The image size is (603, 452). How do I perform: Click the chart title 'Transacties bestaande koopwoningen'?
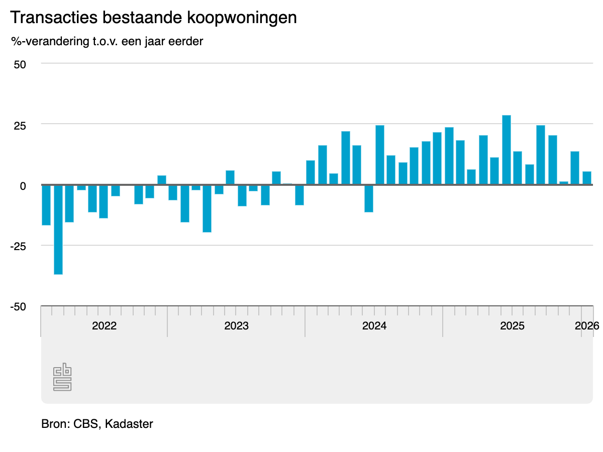(153, 18)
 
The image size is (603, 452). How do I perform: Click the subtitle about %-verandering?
(107, 41)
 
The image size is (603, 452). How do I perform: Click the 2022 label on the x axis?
(104, 325)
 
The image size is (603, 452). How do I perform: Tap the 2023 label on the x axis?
(236, 325)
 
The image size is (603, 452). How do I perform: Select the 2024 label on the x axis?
(374, 325)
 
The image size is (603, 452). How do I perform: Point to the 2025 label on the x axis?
(512, 325)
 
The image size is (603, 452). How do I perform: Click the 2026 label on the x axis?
(587, 325)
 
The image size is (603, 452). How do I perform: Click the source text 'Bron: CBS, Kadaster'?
(97, 424)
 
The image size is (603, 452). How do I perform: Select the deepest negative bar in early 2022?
(58, 230)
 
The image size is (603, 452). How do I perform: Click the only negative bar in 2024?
(369, 198)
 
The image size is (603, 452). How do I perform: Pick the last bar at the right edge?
(587, 178)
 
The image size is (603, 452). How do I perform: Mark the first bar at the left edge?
(46, 205)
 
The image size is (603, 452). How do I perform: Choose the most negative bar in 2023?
(207, 208)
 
